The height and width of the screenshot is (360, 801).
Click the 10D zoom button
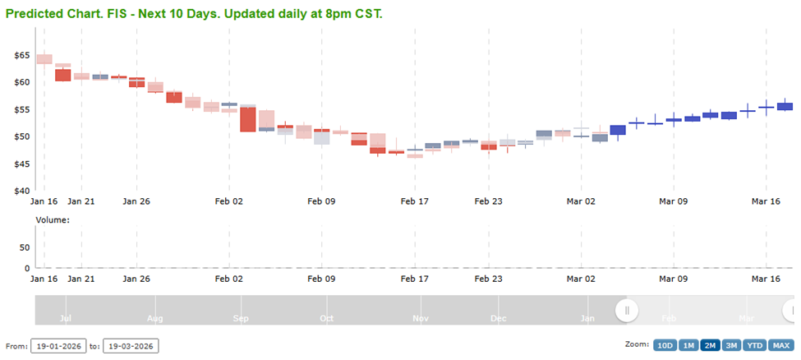point(665,345)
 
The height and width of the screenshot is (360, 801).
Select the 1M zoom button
point(688,345)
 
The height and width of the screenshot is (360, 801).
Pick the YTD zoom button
point(755,345)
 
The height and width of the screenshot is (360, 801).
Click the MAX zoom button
point(781,345)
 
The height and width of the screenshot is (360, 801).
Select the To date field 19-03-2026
point(131,346)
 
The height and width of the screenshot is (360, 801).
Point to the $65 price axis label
point(22,55)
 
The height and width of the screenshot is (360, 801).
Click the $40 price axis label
point(22,191)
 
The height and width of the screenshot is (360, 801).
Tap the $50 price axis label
point(22,136)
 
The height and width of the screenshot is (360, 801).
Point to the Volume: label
point(53,219)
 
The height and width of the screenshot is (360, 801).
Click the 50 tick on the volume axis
point(25,247)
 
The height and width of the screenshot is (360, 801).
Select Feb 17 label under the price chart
point(415,201)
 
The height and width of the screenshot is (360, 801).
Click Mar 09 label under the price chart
point(673,201)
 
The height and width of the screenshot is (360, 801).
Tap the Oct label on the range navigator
point(326,317)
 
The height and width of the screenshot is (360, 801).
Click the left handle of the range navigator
point(627,310)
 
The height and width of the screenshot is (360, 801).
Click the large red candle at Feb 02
point(248,119)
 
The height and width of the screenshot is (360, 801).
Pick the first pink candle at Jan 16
point(44,59)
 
